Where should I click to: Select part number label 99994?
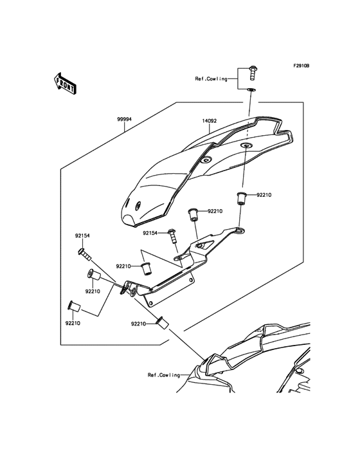click(124, 119)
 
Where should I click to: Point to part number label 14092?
click(210, 120)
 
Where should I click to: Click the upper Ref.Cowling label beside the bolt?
click(212, 78)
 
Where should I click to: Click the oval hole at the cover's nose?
click(136, 205)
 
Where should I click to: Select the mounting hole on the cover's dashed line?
click(246, 147)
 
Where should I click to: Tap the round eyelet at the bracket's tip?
click(239, 228)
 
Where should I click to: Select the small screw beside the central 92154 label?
click(172, 235)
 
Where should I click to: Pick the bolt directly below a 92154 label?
click(83, 255)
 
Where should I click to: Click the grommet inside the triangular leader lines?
click(146, 266)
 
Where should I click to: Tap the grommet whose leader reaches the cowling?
click(163, 321)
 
